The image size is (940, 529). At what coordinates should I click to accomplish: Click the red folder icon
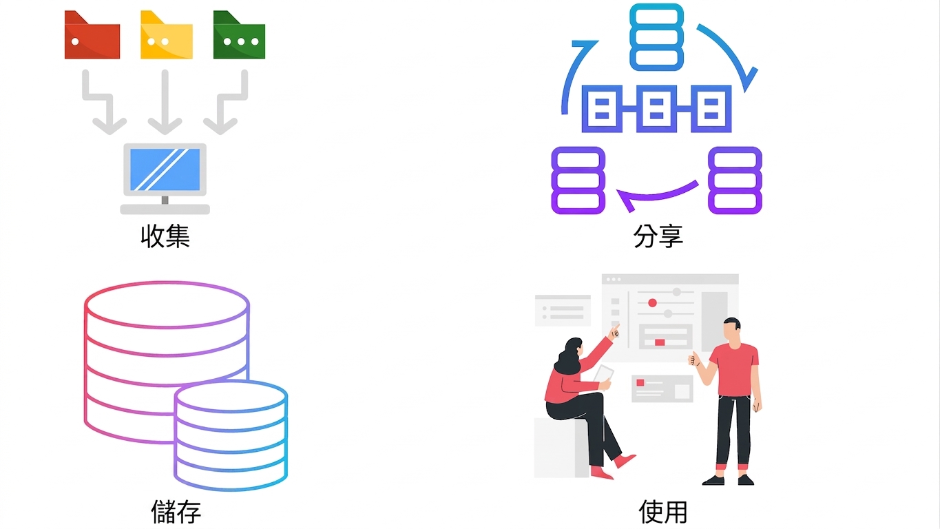pos(92,35)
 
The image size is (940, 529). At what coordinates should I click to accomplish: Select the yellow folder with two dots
pos(167,35)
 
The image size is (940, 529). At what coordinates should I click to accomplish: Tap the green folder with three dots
pos(239,35)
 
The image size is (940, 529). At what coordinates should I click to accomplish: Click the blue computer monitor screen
pos(165,169)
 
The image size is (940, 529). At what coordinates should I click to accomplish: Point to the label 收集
pos(165,236)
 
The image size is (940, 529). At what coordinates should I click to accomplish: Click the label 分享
pos(658,236)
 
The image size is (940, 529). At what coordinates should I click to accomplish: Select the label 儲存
pos(176,512)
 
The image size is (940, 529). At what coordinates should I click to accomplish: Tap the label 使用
pos(663,512)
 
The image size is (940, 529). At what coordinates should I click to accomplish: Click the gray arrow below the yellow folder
pos(165,102)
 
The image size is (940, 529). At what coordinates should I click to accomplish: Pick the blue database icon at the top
pos(656,37)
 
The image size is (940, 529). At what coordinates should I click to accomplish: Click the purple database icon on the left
pos(578,180)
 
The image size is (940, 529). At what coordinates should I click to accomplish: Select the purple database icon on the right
pos(735,180)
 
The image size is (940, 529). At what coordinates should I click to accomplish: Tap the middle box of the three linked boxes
pos(656,109)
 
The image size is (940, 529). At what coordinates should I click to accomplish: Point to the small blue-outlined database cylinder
pos(231,435)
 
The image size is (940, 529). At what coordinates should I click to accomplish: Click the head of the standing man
pos(732,333)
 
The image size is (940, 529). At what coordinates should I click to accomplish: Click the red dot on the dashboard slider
pos(652,302)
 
